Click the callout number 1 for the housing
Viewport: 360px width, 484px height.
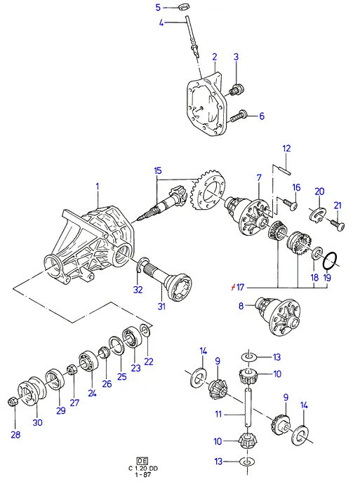pyautogui.click(x=98, y=187)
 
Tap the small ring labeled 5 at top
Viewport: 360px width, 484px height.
pyautogui.click(x=184, y=6)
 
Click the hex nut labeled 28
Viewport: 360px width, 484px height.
pyautogui.click(x=12, y=402)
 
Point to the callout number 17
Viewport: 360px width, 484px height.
pyautogui.click(x=240, y=288)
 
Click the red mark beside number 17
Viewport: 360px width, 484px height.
pyautogui.click(x=233, y=288)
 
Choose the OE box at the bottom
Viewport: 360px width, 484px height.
pyautogui.click(x=142, y=461)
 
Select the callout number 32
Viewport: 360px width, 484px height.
pyautogui.click(x=138, y=290)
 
